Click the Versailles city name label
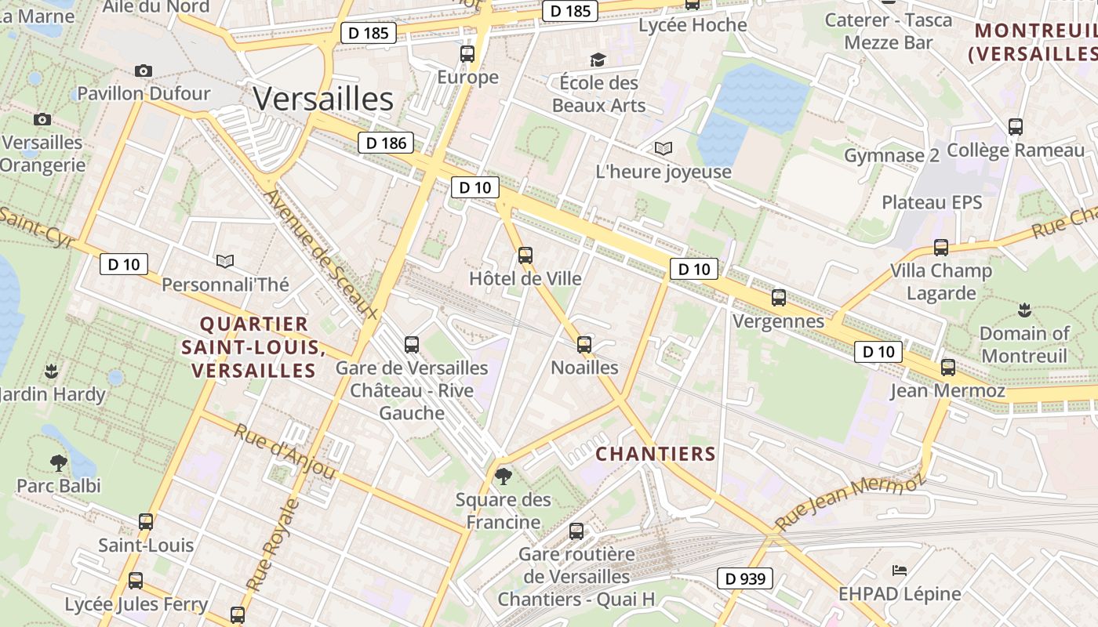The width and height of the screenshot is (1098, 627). click(x=323, y=100)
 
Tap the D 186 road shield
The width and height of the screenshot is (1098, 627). click(x=385, y=143)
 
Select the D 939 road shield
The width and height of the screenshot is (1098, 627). click(x=745, y=579)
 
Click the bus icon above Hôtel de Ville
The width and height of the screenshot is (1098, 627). click(x=525, y=255)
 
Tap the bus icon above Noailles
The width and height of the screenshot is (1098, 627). click(x=584, y=344)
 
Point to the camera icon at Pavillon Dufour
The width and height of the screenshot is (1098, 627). click(x=143, y=71)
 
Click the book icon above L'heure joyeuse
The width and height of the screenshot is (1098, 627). click(x=664, y=148)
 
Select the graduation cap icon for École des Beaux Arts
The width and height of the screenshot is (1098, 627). click(x=598, y=60)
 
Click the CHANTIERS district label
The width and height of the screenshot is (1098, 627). click(x=656, y=454)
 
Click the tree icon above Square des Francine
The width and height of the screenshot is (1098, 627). click(x=504, y=476)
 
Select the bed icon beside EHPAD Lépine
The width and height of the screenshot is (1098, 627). click(x=900, y=570)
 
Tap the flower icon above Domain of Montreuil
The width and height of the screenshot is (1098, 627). click(x=1023, y=310)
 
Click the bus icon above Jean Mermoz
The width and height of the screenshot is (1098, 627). click(x=947, y=367)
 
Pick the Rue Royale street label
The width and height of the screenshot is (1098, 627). click(x=272, y=545)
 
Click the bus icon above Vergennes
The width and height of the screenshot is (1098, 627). click(x=778, y=297)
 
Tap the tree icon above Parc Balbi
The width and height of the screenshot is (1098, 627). click(x=58, y=462)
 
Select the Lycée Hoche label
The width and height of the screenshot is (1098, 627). click(x=693, y=25)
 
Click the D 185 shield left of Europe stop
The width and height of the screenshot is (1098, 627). click(x=368, y=33)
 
